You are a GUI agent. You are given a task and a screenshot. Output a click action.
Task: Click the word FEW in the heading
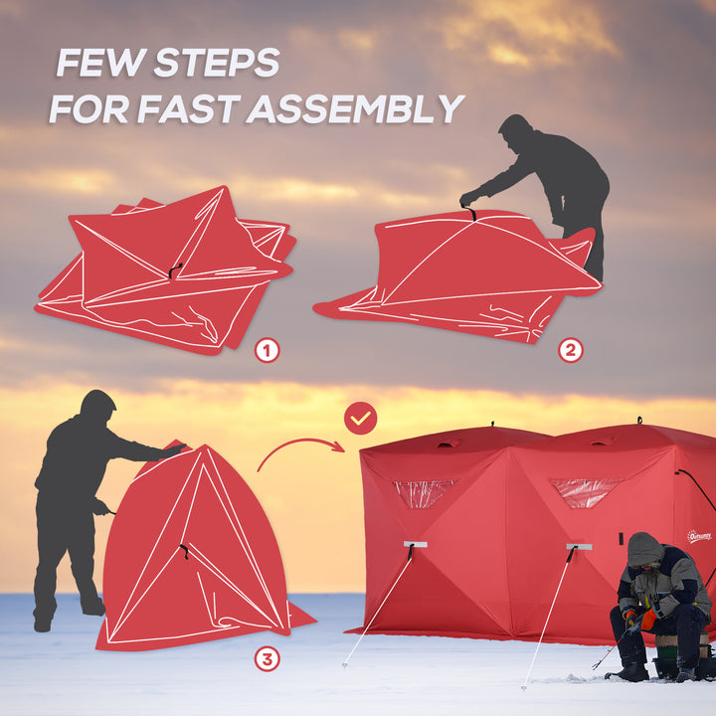tap(93, 63)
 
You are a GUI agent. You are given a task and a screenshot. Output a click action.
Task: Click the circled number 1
tap(267, 350)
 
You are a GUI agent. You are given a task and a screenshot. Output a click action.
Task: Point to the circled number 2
tap(570, 350)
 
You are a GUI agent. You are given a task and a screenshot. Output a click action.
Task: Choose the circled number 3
tap(267, 658)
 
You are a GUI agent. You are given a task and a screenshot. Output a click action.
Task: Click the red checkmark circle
tap(360, 419)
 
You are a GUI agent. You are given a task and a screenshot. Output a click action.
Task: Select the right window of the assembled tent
tap(584, 491)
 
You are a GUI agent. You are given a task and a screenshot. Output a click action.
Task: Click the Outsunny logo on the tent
tap(699, 536)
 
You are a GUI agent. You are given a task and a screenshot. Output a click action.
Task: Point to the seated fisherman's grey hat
tap(644, 548)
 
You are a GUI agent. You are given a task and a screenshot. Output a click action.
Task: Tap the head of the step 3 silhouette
tap(97, 405)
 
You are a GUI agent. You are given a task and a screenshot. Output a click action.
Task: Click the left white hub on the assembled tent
tap(415, 545)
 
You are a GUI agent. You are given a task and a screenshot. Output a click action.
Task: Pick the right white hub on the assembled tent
tap(579, 547)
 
